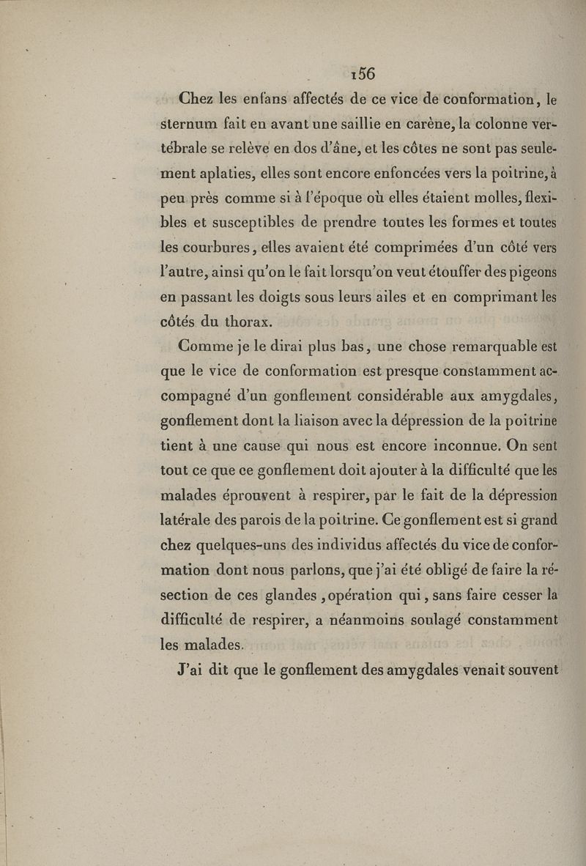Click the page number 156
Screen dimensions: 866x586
(363, 73)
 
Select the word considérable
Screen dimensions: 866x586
(400, 396)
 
